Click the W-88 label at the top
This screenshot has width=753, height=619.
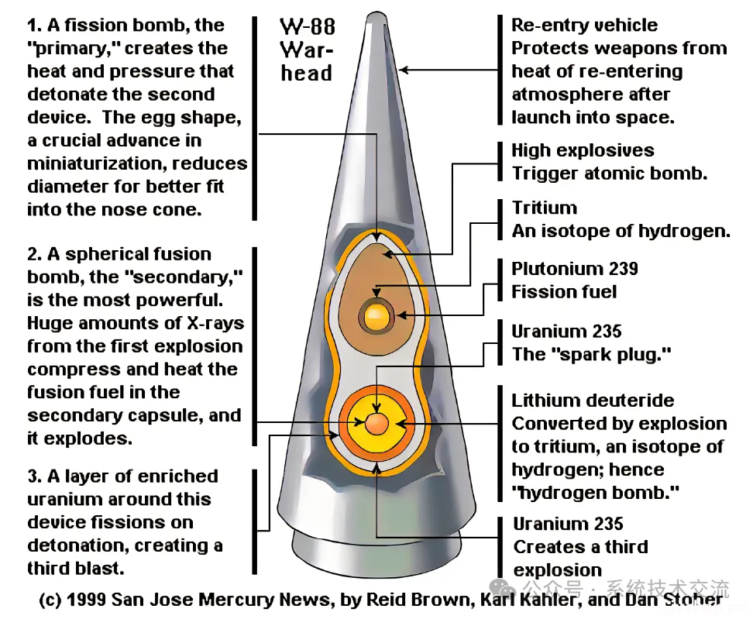click(307, 28)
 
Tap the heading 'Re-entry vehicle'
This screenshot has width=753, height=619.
click(584, 26)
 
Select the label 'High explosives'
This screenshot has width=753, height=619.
click(583, 150)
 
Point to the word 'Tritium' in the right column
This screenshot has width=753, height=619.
click(544, 208)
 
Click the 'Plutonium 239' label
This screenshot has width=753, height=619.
click(575, 269)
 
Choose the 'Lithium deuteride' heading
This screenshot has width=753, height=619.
click(593, 401)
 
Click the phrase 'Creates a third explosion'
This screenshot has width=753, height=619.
click(580, 558)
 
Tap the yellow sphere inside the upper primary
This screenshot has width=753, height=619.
click(376, 315)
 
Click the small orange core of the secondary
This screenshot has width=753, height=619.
click(376, 423)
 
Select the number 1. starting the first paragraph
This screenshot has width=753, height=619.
click(35, 26)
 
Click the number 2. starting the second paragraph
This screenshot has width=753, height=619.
click(36, 254)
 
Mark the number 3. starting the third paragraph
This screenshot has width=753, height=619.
click(36, 476)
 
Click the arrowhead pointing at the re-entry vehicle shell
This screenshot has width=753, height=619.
click(404, 70)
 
